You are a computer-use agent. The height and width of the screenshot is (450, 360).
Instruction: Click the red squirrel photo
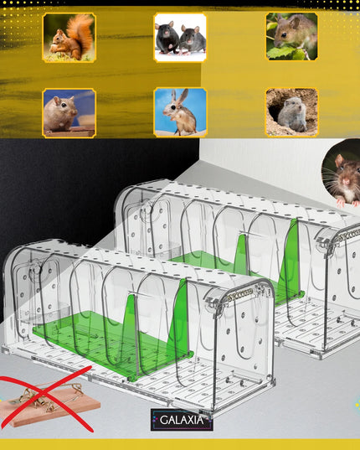(x=69, y=38)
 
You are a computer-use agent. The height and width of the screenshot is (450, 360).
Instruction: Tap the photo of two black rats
(x=180, y=38)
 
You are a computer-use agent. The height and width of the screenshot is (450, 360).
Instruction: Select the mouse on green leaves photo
(x=291, y=36)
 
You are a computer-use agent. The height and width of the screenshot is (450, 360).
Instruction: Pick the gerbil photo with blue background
(x=69, y=113)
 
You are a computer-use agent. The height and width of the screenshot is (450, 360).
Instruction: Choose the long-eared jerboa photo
(x=180, y=112)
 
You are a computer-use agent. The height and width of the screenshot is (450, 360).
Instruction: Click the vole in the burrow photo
(x=291, y=112)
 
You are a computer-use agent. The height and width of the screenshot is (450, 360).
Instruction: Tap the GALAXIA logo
(x=182, y=420)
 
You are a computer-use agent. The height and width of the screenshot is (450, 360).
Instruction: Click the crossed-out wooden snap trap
(x=49, y=401)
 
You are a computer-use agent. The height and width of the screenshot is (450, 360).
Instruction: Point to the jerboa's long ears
(x=181, y=97)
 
